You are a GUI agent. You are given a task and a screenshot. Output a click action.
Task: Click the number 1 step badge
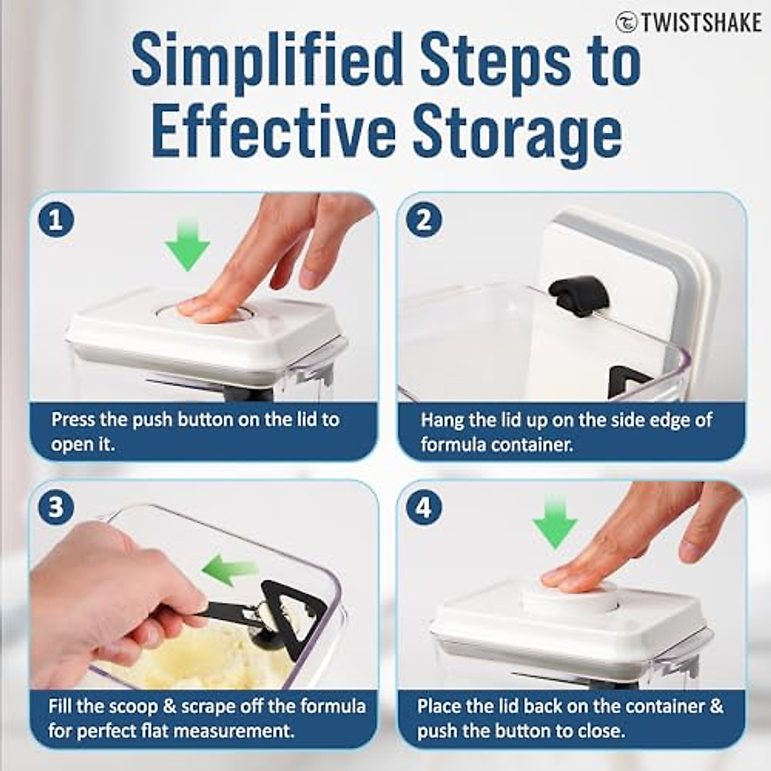point(56,220)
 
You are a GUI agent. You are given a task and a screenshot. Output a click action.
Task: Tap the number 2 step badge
point(424,220)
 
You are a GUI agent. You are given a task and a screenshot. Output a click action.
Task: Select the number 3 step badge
point(56,508)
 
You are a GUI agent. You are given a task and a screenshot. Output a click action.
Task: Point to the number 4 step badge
point(424,508)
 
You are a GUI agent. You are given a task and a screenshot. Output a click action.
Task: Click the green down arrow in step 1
point(187,245)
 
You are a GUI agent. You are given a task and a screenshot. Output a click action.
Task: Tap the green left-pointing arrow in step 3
point(229,569)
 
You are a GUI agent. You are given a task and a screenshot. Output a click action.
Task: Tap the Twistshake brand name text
point(702,22)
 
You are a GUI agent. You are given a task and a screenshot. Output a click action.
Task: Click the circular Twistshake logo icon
point(627,22)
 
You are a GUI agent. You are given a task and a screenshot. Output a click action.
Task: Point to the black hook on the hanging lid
point(580,297)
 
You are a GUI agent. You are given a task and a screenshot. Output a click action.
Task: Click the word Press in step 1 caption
point(73,420)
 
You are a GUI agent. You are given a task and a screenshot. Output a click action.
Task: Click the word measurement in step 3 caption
point(232,731)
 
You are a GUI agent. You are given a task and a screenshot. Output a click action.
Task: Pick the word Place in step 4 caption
point(438,706)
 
